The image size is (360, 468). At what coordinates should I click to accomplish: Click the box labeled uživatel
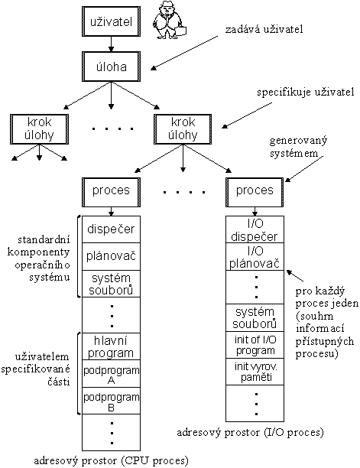pyautogui.click(x=112, y=21)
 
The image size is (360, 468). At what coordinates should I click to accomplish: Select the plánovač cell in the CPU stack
pyautogui.click(x=112, y=255)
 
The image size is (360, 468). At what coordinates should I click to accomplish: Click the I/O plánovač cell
pyautogui.click(x=255, y=258)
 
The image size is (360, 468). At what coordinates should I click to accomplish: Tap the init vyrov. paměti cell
pyautogui.click(x=255, y=372)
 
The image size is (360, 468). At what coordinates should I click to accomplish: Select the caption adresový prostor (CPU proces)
pyautogui.click(x=112, y=460)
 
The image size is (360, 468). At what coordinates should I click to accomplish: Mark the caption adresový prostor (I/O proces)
pyautogui.click(x=251, y=432)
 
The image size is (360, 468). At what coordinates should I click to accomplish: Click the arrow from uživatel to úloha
pyautogui.click(x=112, y=45)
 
